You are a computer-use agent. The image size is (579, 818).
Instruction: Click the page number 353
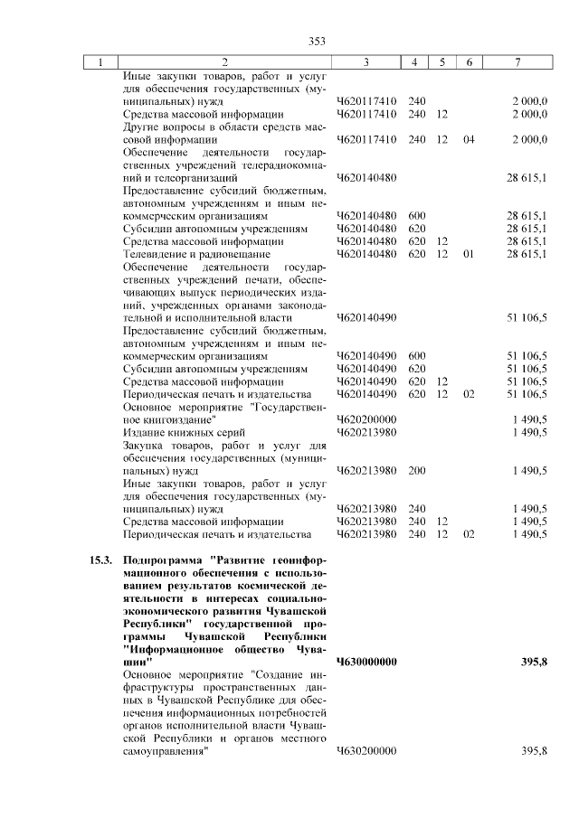tap(317, 41)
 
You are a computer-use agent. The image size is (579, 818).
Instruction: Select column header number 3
tap(365, 62)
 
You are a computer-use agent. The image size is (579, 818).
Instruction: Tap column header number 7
tap(517, 62)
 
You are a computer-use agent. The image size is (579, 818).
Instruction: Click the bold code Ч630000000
tap(366, 663)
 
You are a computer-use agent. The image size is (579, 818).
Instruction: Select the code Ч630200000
tap(366, 752)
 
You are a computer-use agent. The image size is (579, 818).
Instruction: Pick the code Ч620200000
tap(366, 420)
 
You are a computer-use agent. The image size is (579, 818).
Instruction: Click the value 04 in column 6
tap(468, 140)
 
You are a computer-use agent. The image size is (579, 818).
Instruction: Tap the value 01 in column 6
tap(468, 255)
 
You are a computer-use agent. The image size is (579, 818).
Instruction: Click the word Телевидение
tap(154, 255)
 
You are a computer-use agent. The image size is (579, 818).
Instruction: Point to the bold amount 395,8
tap(535, 663)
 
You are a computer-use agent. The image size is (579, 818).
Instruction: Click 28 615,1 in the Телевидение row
tap(527, 255)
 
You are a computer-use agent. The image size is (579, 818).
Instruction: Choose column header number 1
tap(100, 62)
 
